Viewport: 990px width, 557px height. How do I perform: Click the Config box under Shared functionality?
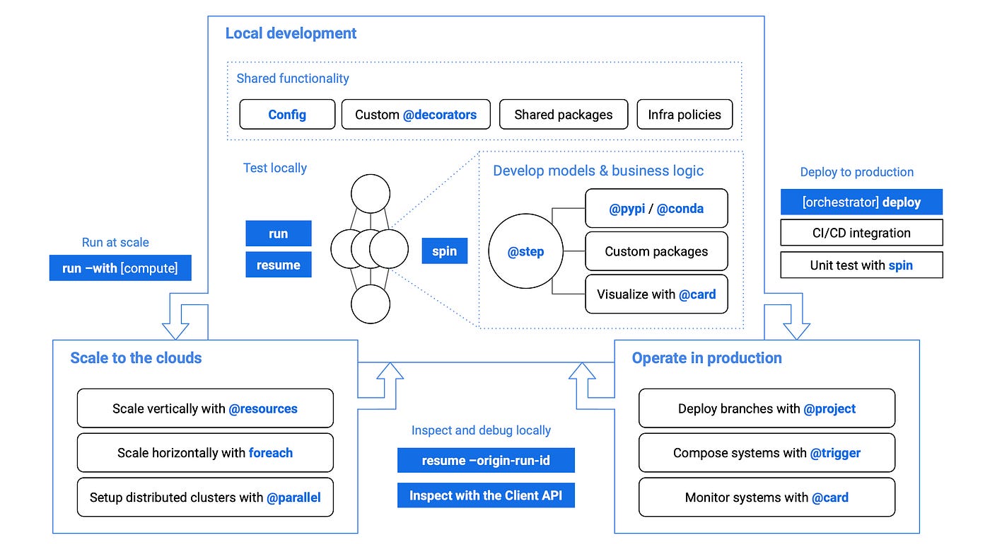(287, 115)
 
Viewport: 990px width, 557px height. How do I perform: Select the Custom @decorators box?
(416, 115)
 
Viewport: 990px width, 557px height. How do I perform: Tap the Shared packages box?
(563, 115)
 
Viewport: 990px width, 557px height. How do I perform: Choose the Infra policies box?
(685, 115)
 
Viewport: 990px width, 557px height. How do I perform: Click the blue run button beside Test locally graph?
(279, 234)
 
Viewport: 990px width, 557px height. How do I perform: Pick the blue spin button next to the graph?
(444, 251)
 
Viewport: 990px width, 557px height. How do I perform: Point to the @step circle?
(525, 252)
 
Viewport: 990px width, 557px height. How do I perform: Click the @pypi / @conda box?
(656, 209)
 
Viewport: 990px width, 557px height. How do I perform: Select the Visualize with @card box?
(656, 294)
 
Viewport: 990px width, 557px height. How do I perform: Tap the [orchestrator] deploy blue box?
(861, 202)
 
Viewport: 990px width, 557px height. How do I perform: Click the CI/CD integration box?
(861, 233)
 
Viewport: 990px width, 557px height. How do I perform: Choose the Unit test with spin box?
(861, 265)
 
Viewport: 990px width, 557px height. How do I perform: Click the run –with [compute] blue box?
(120, 268)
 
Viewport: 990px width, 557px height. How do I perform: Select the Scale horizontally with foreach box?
(205, 453)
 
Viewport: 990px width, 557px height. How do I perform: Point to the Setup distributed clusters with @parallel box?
(205, 498)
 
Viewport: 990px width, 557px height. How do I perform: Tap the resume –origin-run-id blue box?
(486, 461)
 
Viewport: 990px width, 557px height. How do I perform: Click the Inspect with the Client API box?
(486, 495)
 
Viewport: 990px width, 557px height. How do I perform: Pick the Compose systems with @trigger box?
(767, 453)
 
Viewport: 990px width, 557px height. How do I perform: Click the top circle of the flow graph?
(371, 193)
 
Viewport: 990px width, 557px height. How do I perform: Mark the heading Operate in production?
(706, 358)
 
